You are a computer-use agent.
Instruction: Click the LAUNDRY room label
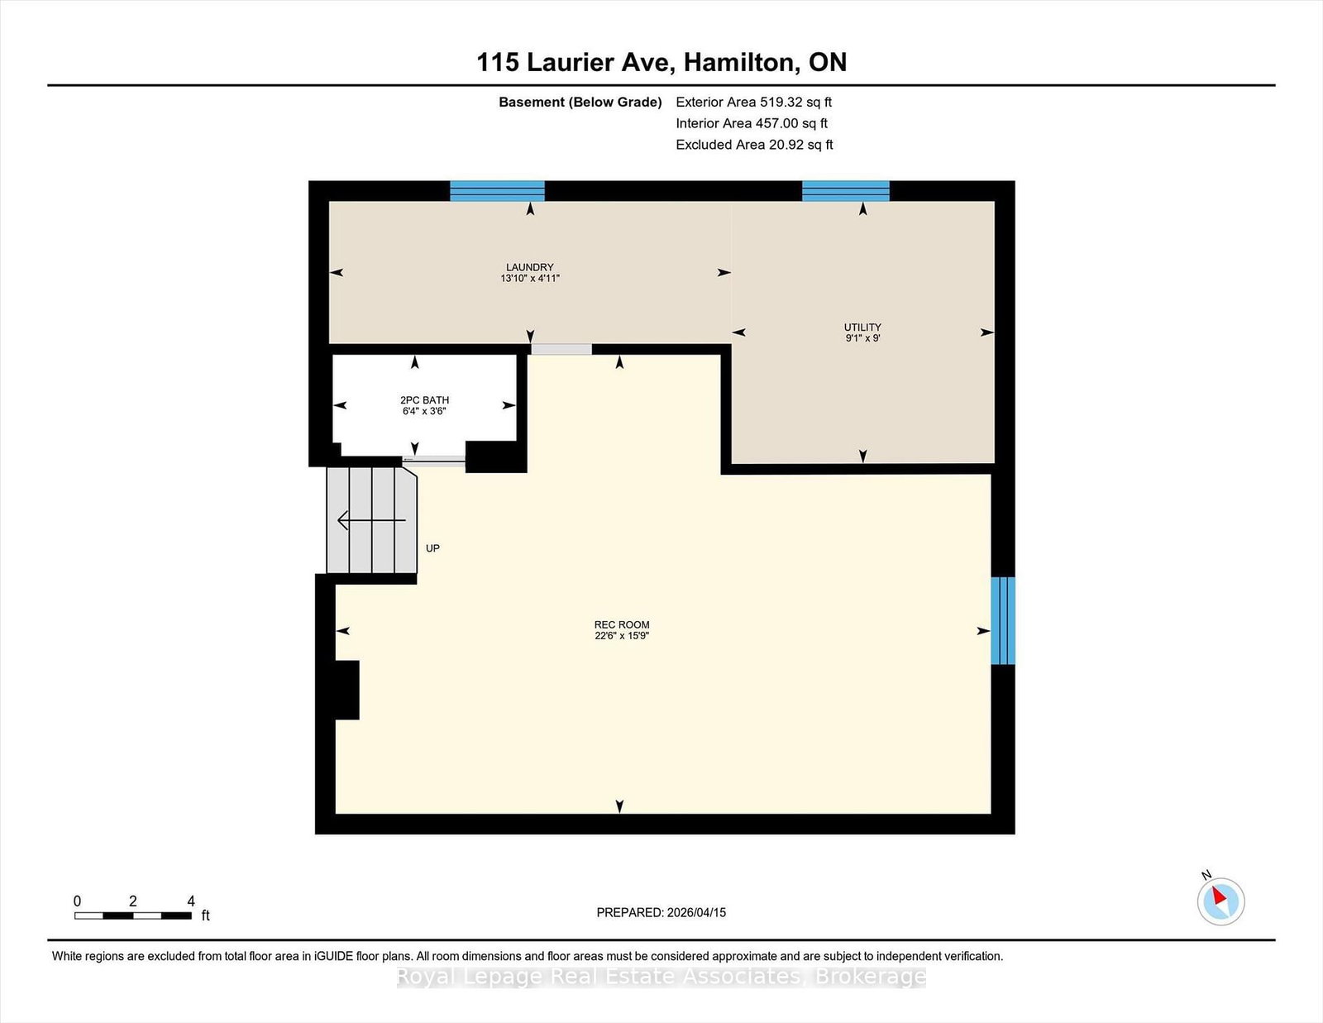[530, 267]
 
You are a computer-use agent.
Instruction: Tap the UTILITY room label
[862, 327]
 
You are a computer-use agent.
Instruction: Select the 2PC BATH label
[424, 400]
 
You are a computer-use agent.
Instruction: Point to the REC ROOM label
[622, 624]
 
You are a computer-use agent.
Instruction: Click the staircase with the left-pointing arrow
[371, 520]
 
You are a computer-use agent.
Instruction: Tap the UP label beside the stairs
[432, 548]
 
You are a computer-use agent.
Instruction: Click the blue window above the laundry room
[497, 190]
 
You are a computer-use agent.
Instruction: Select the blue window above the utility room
[846, 190]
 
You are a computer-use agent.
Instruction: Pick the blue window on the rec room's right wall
[1003, 620]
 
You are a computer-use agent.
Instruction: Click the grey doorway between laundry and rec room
[561, 349]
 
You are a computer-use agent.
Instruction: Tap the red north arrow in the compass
[1219, 896]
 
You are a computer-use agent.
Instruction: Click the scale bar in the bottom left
[133, 915]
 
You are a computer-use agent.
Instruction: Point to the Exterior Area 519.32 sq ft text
[754, 103]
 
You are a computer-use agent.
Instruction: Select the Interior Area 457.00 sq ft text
[752, 123]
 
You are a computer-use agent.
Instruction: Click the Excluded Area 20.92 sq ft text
[754, 145]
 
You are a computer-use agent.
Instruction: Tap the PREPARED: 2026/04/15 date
[661, 912]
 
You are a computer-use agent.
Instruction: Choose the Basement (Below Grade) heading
[580, 103]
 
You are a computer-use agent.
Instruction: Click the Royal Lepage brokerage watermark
[661, 977]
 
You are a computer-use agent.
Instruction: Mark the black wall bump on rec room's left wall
[347, 690]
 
